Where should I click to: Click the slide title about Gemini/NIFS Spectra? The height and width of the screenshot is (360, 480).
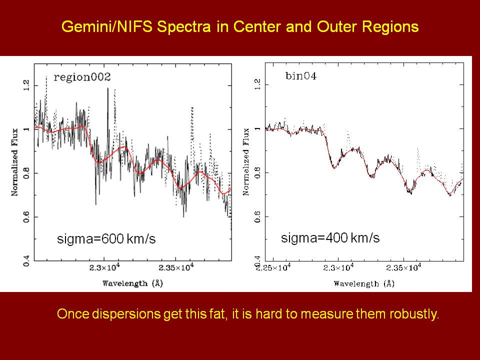(240, 27)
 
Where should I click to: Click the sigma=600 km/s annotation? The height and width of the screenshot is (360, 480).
(105, 239)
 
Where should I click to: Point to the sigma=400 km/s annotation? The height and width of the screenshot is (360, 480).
(330, 238)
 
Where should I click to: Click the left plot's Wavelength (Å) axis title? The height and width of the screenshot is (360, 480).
(132, 283)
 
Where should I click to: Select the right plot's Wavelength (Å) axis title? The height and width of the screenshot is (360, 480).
(364, 283)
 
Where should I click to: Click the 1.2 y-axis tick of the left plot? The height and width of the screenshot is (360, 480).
(26, 84)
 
